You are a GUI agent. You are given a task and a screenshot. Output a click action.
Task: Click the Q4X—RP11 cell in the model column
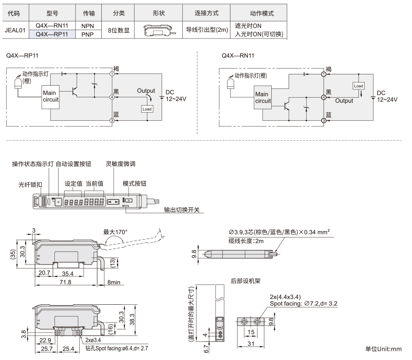point(52,34)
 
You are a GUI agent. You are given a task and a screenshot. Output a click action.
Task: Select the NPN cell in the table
point(88,26)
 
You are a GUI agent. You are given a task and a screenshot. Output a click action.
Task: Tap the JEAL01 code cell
point(15,30)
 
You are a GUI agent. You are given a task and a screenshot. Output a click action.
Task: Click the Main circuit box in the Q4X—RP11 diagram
point(50,97)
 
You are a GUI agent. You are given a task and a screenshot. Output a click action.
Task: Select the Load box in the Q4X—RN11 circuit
point(358,86)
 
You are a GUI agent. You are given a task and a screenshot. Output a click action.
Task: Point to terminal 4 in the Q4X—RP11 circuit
point(112,97)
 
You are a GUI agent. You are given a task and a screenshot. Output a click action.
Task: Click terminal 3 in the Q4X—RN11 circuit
point(324,121)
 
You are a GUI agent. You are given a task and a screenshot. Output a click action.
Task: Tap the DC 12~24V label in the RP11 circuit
point(176,96)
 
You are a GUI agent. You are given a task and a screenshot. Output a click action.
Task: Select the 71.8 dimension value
point(65,282)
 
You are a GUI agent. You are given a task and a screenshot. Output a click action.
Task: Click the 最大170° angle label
point(115,232)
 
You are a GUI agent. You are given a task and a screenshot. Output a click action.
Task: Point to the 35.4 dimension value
point(68,274)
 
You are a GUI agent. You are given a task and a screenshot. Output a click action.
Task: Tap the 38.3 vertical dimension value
point(132,319)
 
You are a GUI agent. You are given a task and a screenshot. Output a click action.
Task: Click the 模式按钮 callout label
point(134,184)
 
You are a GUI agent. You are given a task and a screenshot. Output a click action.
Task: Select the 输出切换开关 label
point(182,210)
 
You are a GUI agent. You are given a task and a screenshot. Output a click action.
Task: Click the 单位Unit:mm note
point(383,349)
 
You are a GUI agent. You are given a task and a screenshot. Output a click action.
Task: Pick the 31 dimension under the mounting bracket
point(251,344)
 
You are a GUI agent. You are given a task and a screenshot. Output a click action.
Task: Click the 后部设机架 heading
point(246,281)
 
